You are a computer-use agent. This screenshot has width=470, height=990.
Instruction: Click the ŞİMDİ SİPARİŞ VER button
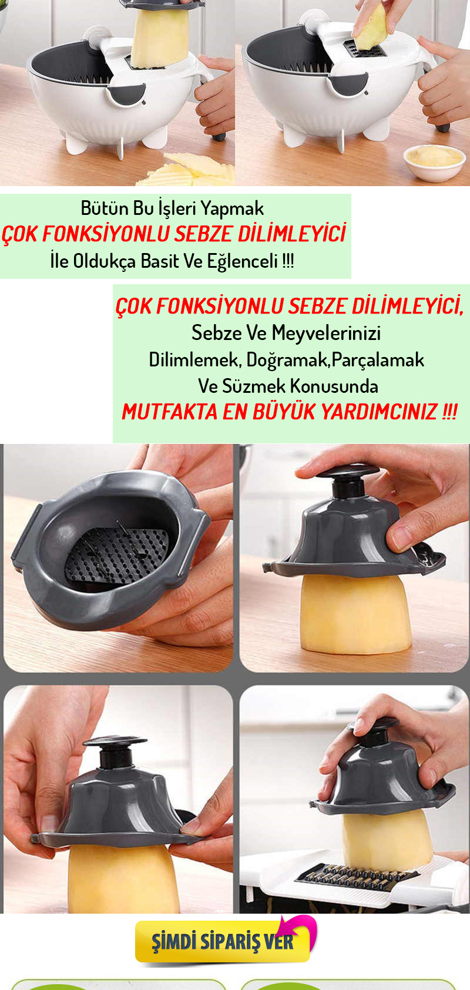(223, 941)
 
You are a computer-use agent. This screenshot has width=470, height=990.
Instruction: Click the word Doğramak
(287, 360)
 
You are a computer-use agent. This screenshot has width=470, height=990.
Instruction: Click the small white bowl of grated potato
(435, 163)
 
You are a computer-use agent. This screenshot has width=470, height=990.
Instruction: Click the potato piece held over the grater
(371, 26)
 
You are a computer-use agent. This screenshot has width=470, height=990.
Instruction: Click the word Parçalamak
(378, 360)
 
